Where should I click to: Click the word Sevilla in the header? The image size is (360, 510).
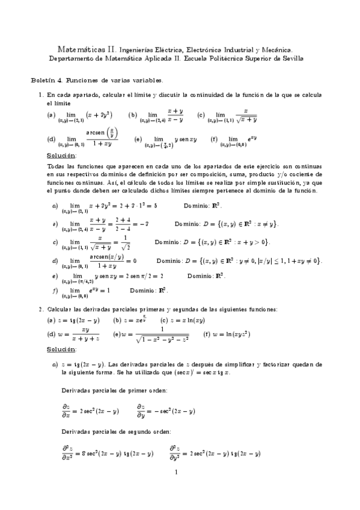click(291, 58)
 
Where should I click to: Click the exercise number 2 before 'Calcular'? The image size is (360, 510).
click(41, 309)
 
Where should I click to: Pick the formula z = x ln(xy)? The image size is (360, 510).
click(183, 321)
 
